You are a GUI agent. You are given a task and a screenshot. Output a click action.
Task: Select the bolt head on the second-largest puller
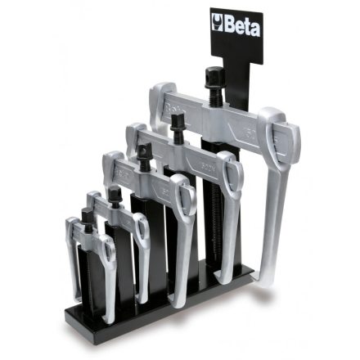pyautogui.click(x=177, y=122)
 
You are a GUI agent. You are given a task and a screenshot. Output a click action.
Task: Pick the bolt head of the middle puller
pyautogui.click(x=145, y=152)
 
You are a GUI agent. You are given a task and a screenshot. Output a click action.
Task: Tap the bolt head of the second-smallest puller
pyautogui.click(x=114, y=193)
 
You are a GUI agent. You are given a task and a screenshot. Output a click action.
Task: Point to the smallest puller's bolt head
pyautogui.click(x=87, y=214)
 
